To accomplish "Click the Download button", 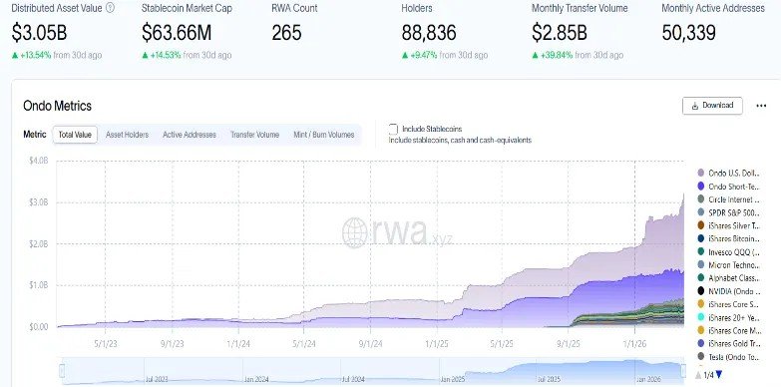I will point(711,105).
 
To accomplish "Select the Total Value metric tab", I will point(75,134).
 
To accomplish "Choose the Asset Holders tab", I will point(127,134).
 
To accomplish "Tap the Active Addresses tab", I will point(189,134).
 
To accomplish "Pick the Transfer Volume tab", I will point(254,134).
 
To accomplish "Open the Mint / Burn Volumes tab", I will point(323,134).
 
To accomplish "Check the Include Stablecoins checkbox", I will point(393,129).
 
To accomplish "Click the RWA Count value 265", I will point(286,32).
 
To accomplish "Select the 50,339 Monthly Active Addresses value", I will point(695,32).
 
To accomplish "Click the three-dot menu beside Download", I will point(761,105).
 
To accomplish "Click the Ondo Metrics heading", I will point(58,105).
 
